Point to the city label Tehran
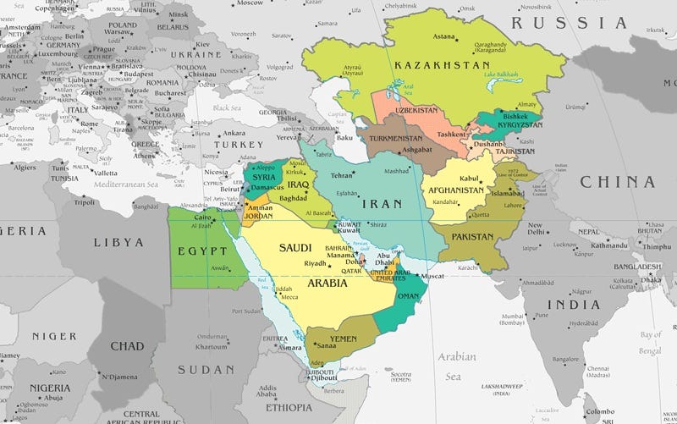click(341, 175)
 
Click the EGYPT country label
click(202, 251)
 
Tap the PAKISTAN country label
click(473, 237)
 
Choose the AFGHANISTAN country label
click(460, 190)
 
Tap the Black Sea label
click(227, 107)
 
